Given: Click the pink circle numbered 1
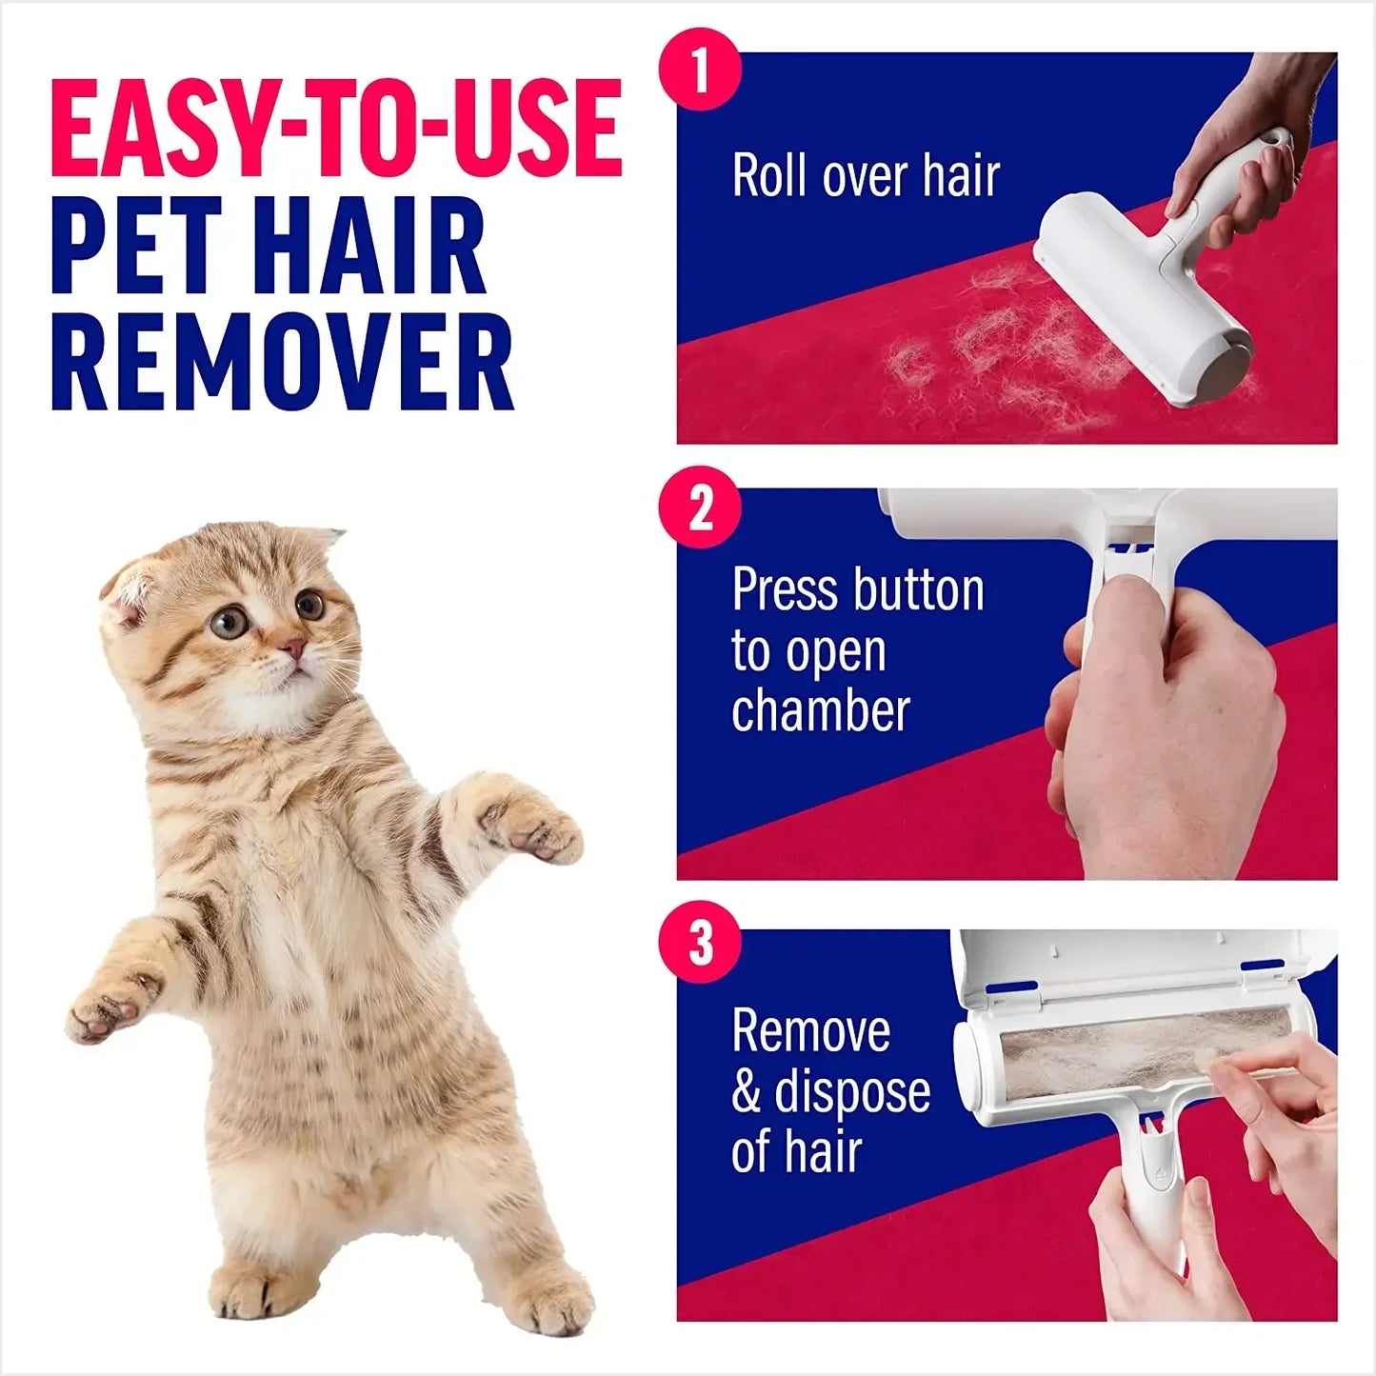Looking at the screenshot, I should [700, 69].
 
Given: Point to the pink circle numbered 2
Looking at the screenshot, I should [700, 508].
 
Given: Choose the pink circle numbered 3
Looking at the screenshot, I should [700, 943].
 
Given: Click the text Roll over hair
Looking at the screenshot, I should [866, 176].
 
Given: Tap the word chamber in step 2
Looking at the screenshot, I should [821, 711].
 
